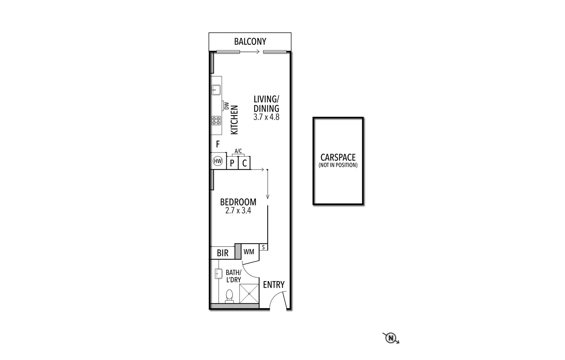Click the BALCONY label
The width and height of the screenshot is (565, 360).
(250, 42)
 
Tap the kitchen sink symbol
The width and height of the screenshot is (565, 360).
(216, 90)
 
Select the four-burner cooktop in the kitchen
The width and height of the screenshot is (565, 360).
(216, 121)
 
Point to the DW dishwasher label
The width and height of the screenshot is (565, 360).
(226, 106)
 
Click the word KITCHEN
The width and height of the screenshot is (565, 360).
(235, 120)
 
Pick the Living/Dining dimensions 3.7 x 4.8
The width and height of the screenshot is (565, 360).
(266, 117)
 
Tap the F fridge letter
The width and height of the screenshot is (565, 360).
(218, 144)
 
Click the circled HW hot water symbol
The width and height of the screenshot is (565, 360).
(218, 161)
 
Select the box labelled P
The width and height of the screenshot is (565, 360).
(232, 163)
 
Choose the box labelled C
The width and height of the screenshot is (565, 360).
(244, 163)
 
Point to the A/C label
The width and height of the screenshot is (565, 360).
(238, 151)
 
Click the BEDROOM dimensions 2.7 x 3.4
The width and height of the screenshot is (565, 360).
(238, 210)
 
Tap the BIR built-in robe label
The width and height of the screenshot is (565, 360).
(222, 253)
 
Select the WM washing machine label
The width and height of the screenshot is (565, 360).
(249, 252)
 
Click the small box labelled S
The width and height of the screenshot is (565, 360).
(263, 247)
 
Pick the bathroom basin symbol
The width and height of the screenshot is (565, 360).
(218, 274)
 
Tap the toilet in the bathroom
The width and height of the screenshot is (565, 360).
(229, 296)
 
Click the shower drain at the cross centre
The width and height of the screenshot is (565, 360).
(249, 294)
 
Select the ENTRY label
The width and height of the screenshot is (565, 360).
(274, 285)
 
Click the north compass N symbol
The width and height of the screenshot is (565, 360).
(390, 338)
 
